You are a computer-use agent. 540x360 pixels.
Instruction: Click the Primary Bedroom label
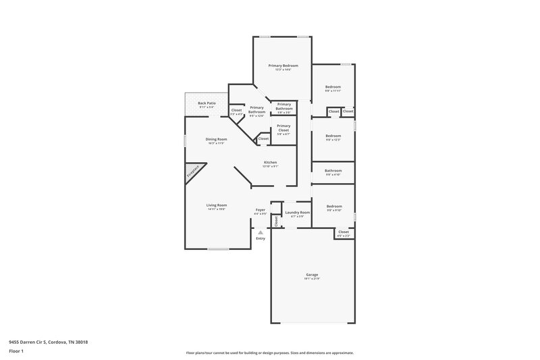[283, 66]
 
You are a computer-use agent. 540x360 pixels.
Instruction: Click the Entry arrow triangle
[261, 232]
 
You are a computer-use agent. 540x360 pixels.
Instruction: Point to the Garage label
[312, 275]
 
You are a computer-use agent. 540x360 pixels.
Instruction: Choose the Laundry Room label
[297, 213]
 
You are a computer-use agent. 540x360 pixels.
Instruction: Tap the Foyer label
[261, 209]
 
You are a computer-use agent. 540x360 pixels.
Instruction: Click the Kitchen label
[270, 162]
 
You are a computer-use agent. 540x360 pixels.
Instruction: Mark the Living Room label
[217, 205]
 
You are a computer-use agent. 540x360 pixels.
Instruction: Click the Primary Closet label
[283, 126]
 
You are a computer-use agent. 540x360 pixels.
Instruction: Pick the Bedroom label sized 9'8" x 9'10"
[333, 206]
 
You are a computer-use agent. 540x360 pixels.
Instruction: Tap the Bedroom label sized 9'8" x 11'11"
[333, 87]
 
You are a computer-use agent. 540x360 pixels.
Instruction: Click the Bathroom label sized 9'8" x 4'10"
[333, 171]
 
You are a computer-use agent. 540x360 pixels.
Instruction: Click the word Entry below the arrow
[261, 238]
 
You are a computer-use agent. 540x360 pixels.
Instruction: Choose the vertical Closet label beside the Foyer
[275, 220]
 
